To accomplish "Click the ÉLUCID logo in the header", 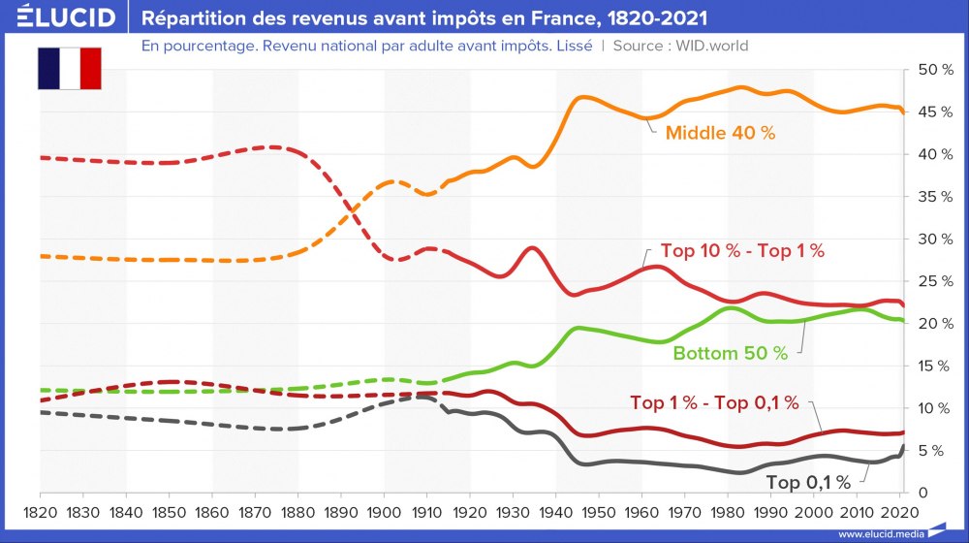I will (x=60, y=17).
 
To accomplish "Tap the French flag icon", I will (x=70, y=68).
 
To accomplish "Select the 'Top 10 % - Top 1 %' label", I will (x=742, y=251).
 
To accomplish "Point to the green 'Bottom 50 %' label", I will (x=731, y=353).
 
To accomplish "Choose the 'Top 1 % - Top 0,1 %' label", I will (x=714, y=402).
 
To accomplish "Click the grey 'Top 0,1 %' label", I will (x=808, y=482).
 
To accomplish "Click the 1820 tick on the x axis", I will (x=40, y=511).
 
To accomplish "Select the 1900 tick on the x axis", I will (x=386, y=511).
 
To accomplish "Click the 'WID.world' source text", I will (x=714, y=46).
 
